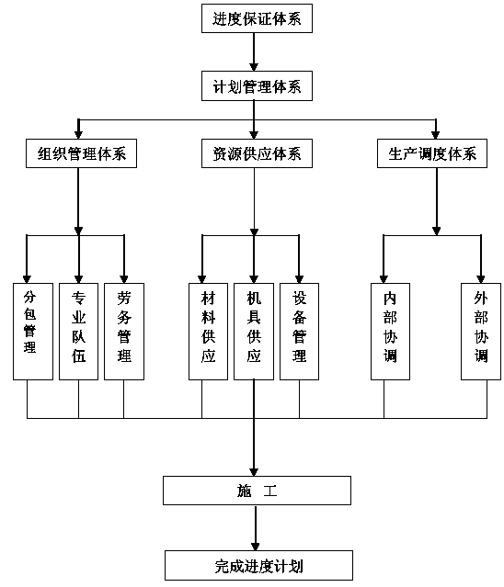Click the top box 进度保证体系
257,18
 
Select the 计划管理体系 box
257,86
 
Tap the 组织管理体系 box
81,153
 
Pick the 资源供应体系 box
257,153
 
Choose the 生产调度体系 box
432,153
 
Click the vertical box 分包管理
33,332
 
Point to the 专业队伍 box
79,332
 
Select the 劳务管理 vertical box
124,332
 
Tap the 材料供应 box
209,332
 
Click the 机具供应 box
254,332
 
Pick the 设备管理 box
300,332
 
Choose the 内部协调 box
390,332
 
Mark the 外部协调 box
481,332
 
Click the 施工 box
258,491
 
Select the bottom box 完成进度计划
259,565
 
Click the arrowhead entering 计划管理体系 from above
254,67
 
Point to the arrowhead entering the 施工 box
254,471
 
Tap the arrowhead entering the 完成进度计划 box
256,546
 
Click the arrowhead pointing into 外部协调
481,279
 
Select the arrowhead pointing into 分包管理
27,279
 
